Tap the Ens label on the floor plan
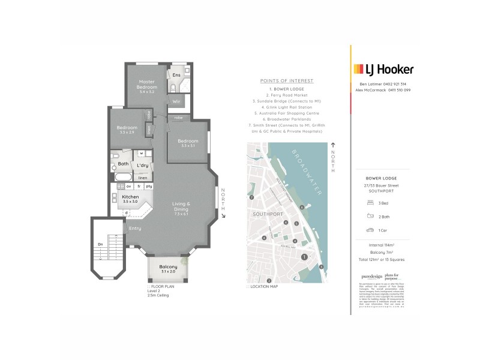tap(176, 75)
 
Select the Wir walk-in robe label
tap(176, 101)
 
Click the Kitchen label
tap(130, 197)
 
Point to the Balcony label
tap(168, 267)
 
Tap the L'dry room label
tap(143, 165)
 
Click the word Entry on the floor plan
tap(135, 228)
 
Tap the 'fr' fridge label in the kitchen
tap(139, 187)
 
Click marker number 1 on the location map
tap(304, 257)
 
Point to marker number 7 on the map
tap(253, 197)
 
